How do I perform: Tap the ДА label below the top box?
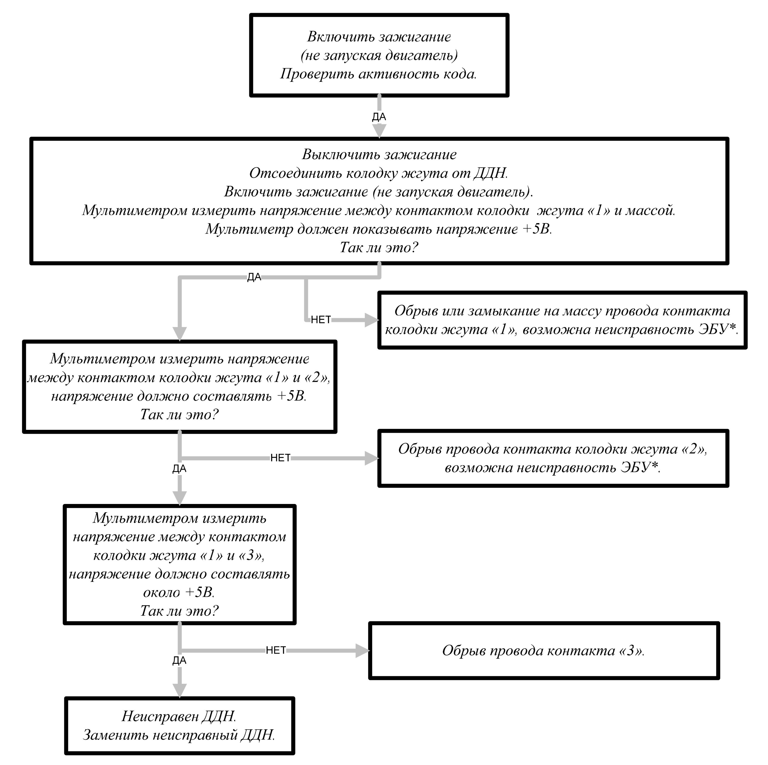[x=379, y=117]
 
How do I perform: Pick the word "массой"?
[x=650, y=210]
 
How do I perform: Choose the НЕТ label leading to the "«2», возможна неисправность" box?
[x=280, y=458]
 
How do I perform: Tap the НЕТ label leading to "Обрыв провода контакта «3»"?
[x=276, y=650]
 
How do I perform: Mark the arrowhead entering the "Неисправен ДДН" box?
[x=180, y=691]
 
